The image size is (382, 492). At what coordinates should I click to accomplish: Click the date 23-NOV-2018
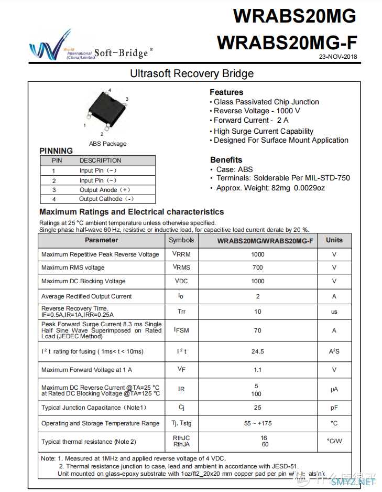pyautogui.click(x=338, y=57)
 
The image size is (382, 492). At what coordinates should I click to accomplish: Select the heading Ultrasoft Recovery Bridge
pyautogui.click(x=192, y=73)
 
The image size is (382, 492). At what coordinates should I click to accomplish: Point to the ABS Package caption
pyautogui.click(x=107, y=144)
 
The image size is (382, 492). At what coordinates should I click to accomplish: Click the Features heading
pyautogui.click(x=226, y=92)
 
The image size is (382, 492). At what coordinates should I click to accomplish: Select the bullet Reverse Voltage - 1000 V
pyautogui.click(x=257, y=111)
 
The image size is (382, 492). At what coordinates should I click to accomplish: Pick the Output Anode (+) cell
pyautogui.click(x=105, y=190)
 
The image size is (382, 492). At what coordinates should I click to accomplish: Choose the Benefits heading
pyautogui.click(x=226, y=159)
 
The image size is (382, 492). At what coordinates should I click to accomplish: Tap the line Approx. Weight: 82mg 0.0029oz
pyautogui.click(x=270, y=187)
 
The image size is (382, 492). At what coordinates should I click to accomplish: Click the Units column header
pyautogui.click(x=334, y=240)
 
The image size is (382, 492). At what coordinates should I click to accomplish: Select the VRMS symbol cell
pyautogui.click(x=181, y=268)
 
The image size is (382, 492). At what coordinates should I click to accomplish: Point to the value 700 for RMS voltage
pyautogui.click(x=258, y=268)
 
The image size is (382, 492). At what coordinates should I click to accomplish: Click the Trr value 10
pyautogui.click(x=258, y=312)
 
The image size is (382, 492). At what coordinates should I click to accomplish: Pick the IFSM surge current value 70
pyautogui.click(x=258, y=330)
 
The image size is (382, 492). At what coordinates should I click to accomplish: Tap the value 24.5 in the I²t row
pyautogui.click(x=258, y=351)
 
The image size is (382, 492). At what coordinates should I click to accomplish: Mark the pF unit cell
pyautogui.click(x=334, y=408)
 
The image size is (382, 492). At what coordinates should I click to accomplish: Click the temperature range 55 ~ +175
pyautogui.click(x=258, y=423)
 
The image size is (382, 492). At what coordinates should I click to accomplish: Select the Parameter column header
pyautogui.click(x=102, y=240)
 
